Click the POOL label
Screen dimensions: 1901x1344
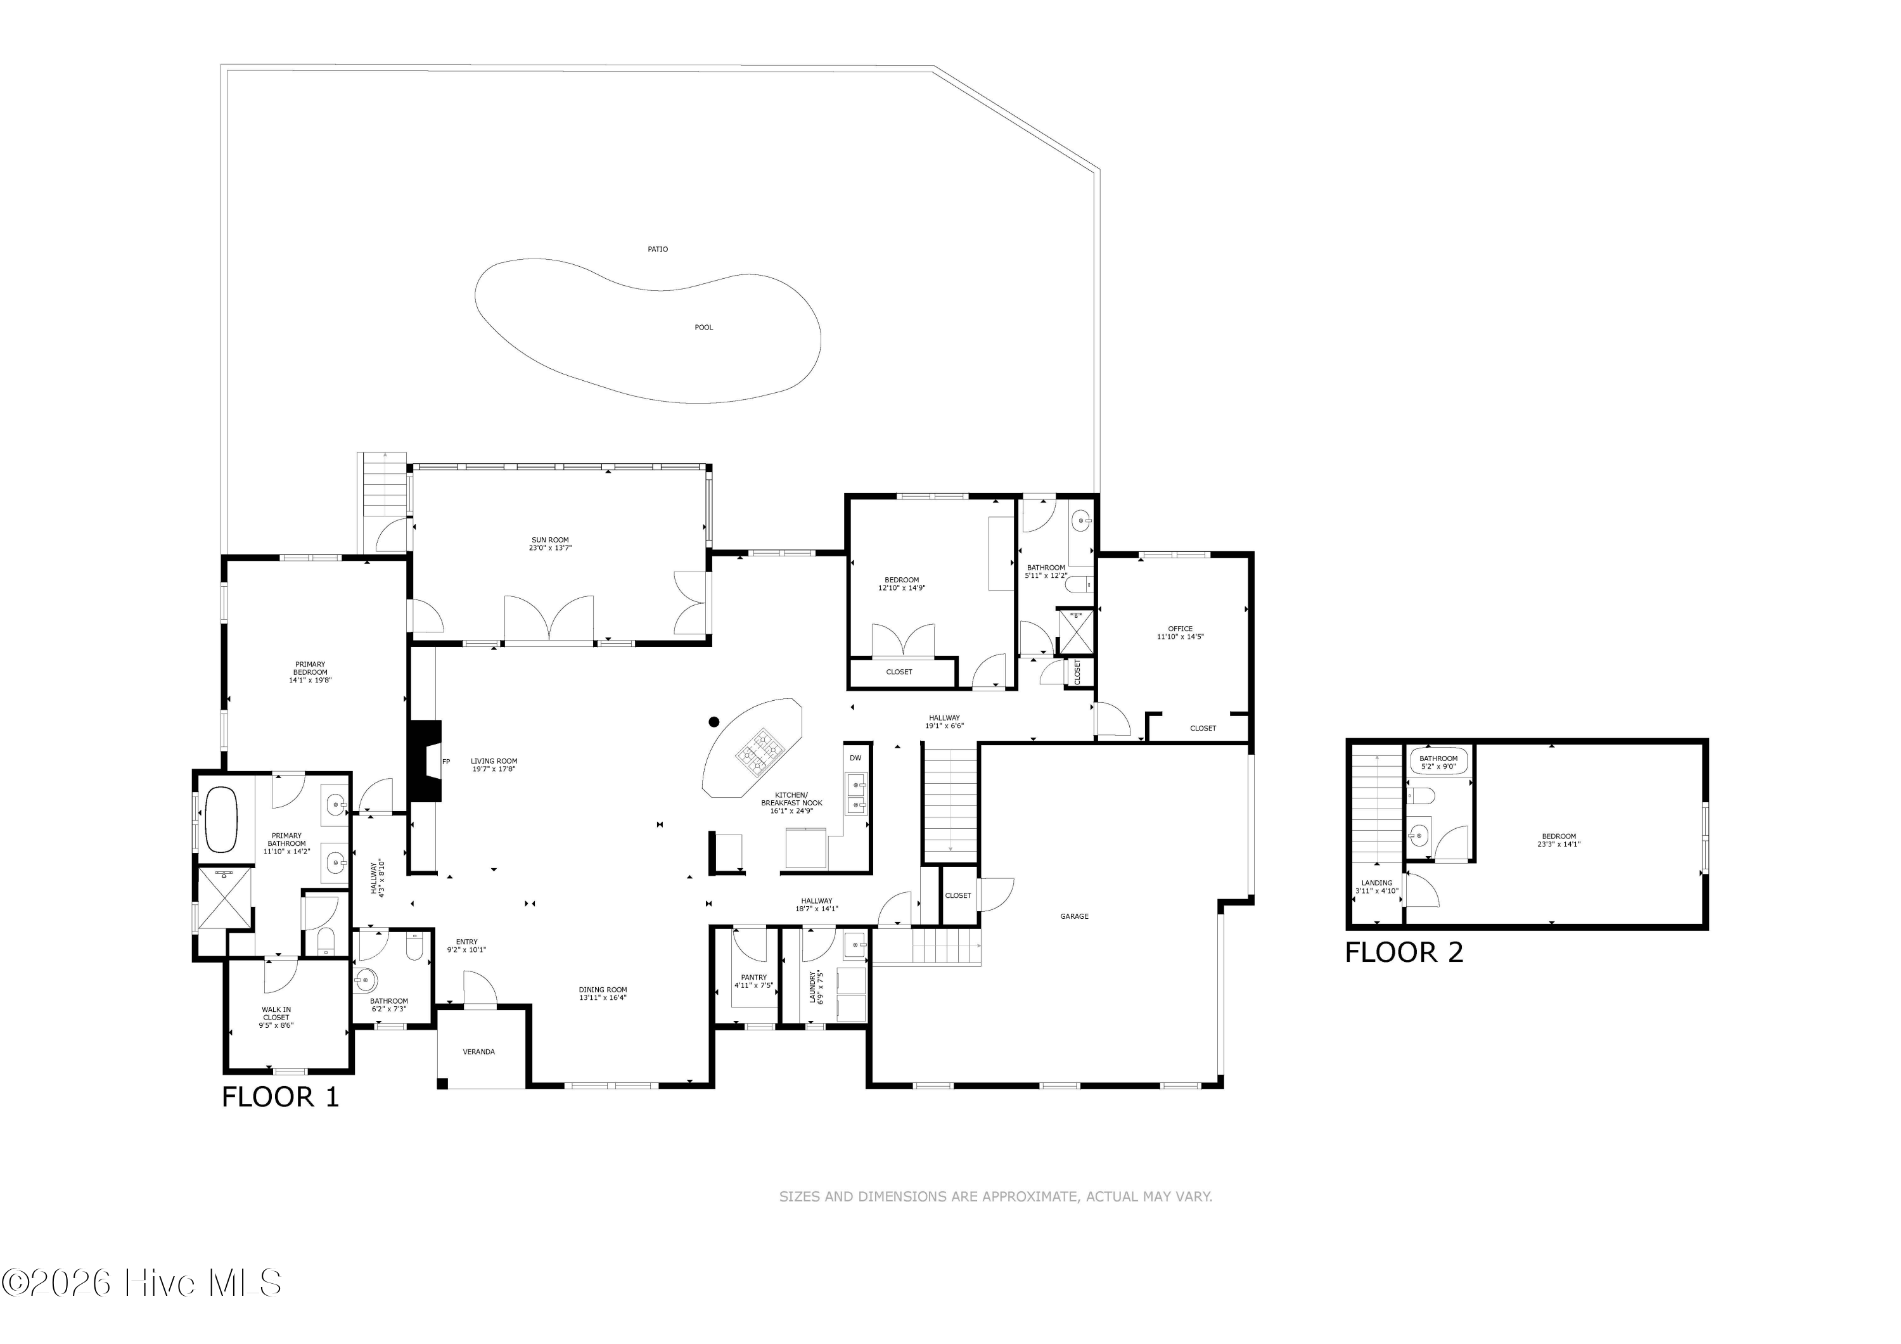pyautogui.click(x=704, y=327)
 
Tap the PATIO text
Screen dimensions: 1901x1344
pyautogui.click(x=658, y=249)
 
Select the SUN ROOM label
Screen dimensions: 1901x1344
pyautogui.click(x=551, y=540)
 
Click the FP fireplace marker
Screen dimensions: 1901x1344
pyautogui.click(x=446, y=761)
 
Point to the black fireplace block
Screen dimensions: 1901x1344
pyautogui.click(x=425, y=761)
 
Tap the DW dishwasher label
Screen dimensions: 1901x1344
pyautogui.click(x=855, y=758)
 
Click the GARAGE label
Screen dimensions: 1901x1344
pyautogui.click(x=1075, y=916)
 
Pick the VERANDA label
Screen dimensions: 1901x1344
pyautogui.click(x=478, y=1052)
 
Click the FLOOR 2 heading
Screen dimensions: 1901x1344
pyautogui.click(x=1404, y=952)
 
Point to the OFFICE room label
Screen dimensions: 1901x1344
pyautogui.click(x=1180, y=629)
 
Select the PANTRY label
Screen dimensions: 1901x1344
pyautogui.click(x=753, y=977)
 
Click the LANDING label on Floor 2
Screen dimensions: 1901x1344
pyautogui.click(x=1377, y=883)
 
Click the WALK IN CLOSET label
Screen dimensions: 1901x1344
pyautogui.click(x=276, y=1014)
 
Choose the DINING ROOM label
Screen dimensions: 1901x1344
pyautogui.click(x=603, y=990)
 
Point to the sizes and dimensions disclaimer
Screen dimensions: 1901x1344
pyautogui.click(x=996, y=1196)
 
